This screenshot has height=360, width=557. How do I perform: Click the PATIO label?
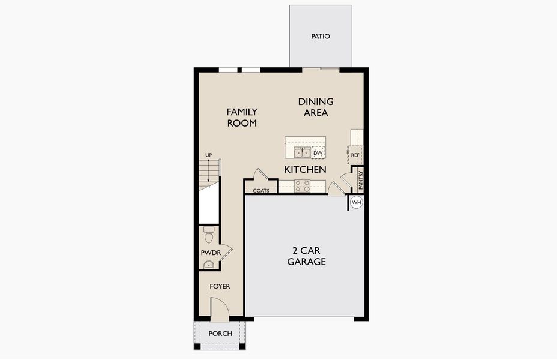(x=321, y=36)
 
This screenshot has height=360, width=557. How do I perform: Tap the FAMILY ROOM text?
(x=242, y=118)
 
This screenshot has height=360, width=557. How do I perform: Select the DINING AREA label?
(x=316, y=107)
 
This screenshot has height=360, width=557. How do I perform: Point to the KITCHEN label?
(x=305, y=169)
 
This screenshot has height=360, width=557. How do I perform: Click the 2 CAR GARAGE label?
(x=306, y=256)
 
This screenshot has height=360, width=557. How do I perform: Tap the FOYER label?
(x=220, y=286)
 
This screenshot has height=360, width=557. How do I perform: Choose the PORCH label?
(x=220, y=334)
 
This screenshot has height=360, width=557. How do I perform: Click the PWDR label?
(x=211, y=253)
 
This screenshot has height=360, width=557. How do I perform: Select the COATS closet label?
(x=261, y=191)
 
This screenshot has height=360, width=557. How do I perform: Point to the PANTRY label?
(x=361, y=180)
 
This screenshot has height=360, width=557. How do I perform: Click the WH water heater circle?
(x=357, y=202)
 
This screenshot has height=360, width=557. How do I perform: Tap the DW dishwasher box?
(x=318, y=153)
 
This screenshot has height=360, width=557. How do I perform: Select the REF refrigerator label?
(x=355, y=155)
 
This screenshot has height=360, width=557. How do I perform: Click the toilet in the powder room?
(x=209, y=235)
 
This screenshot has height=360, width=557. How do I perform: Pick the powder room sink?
(x=208, y=265)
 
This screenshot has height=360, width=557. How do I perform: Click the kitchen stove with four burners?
(x=303, y=186)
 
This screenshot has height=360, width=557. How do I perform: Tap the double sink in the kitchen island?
(x=303, y=153)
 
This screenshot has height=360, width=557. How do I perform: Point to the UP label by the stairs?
(x=208, y=155)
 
